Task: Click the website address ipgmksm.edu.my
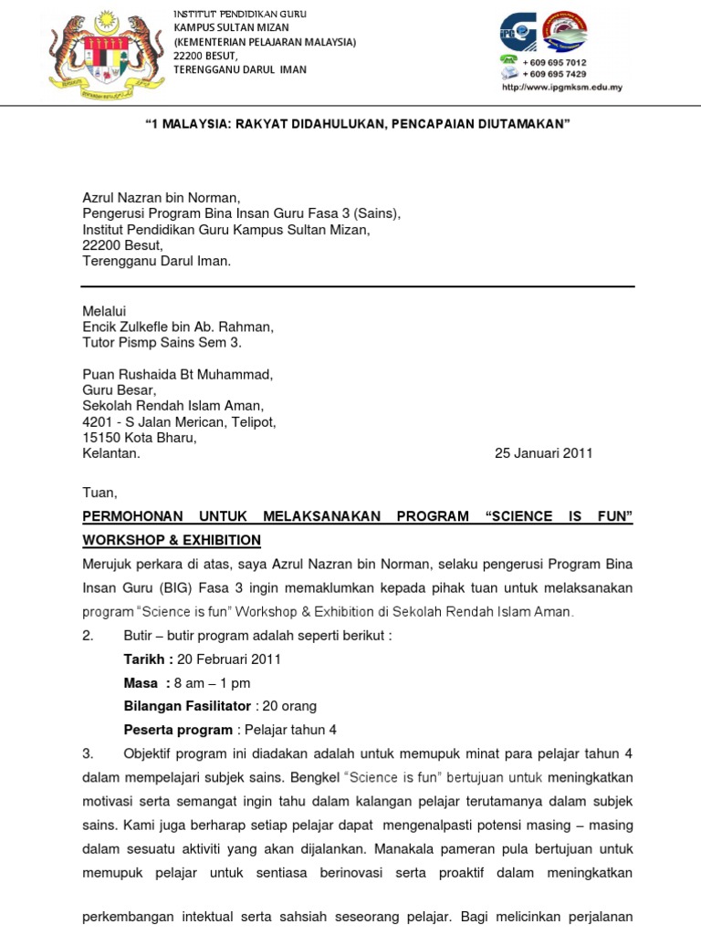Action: click(x=561, y=88)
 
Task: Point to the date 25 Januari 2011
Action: click(x=543, y=453)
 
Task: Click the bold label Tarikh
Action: click(x=146, y=659)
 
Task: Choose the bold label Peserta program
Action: click(x=178, y=730)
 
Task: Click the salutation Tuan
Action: click(x=99, y=493)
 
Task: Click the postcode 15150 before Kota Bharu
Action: click(x=100, y=437)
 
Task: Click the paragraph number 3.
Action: click(x=88, y=753)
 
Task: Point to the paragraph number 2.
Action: click(x=88, y=636)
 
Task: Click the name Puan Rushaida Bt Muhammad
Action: click(x=177, y=374)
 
